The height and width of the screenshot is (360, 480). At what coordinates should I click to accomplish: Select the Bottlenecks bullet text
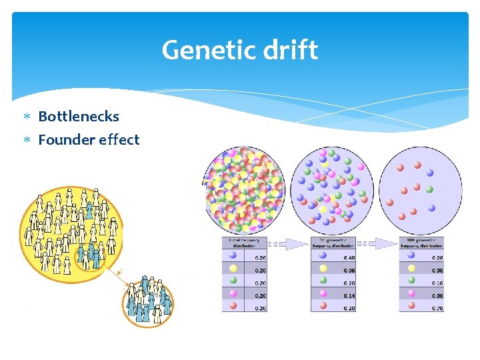79,117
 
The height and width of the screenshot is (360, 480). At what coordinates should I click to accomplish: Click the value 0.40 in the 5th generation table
349,258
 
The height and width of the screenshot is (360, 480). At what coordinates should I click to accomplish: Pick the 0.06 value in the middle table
349,270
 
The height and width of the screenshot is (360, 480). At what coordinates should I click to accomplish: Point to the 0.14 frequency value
349,295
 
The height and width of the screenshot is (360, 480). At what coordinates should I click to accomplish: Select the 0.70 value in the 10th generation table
437,307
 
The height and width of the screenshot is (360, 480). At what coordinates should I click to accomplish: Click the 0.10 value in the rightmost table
437,283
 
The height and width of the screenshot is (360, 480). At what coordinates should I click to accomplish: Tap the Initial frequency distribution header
245,243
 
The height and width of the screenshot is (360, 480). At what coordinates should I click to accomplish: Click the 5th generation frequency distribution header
333,243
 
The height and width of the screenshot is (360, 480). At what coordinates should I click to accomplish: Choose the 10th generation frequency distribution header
421,243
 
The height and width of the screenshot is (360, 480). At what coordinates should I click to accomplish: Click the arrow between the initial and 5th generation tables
289,244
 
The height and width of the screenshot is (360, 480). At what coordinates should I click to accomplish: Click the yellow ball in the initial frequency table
233,267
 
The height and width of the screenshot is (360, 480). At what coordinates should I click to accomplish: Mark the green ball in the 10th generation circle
430,190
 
